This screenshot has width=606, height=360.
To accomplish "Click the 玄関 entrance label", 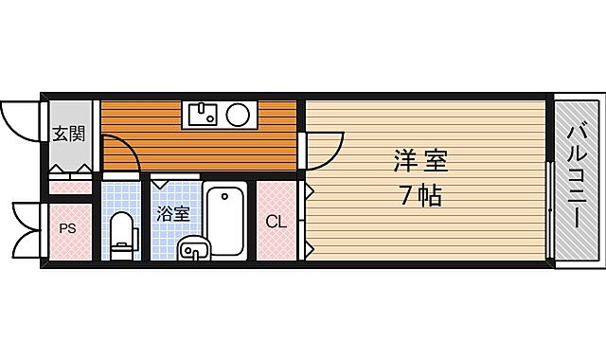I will coord(67,134).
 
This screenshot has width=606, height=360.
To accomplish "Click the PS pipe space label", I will coord(68,227).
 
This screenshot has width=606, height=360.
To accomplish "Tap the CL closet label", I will coord(276,223).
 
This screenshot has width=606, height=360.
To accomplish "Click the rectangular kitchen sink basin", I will coord(203,116).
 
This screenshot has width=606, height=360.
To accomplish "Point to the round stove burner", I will coord(238,116).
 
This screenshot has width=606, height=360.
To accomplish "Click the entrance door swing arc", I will coord(21,118).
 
